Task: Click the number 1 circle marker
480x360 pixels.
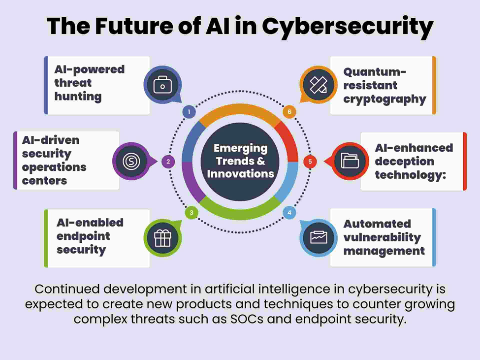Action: (x=189, y=112)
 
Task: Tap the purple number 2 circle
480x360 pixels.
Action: (x=168, y=162)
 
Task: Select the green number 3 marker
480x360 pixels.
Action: (x=191, y=213)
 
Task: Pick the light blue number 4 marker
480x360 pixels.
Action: (x=289, y=213)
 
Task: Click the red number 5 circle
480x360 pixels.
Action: (x=310, y=161)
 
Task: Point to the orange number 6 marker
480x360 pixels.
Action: (x=289, y=112)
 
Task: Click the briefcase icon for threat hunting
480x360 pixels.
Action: (x=162, y=85)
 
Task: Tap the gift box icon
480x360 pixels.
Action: (x=162, y=238)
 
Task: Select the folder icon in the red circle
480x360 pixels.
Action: (x=350, y=161)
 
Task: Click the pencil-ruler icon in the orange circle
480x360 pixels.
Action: (x=318, y=85)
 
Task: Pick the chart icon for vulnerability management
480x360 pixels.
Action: (x=319, y=237)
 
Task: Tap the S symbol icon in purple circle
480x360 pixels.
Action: (x=131, y=161)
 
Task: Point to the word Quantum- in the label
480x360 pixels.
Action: (x=375, y=72)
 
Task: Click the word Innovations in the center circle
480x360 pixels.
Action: (x=240, y=173)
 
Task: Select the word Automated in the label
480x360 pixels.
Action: (x=377, y=224)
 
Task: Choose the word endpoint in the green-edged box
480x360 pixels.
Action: (x=83, y=236)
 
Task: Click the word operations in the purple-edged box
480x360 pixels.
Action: (x=54, y=167)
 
